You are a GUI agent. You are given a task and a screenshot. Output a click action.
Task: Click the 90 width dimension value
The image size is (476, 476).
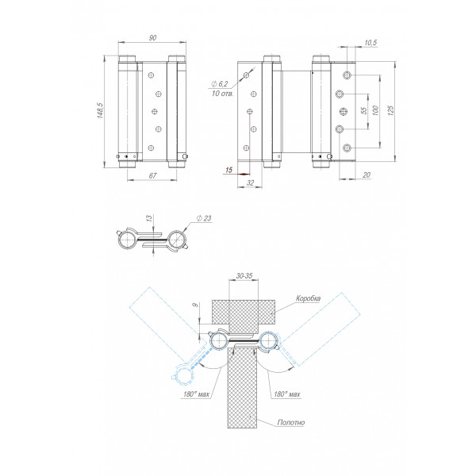point(152,38)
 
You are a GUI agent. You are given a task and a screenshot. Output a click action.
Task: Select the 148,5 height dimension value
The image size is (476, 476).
point(101,110)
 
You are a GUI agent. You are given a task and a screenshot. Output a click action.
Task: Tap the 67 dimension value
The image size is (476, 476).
point(152,175)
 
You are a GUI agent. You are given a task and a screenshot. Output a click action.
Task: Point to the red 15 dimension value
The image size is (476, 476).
point(229,170)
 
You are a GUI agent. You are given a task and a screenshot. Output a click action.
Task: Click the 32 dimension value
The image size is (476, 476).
point(250,182)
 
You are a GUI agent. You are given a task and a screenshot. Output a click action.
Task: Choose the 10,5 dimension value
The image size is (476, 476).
point(370,43)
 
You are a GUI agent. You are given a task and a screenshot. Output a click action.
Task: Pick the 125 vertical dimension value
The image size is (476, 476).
point(390,110)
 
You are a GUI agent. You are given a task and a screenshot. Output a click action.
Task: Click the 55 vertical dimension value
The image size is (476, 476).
point(364,110)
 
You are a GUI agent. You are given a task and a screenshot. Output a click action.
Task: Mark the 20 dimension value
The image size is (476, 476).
point(367,175)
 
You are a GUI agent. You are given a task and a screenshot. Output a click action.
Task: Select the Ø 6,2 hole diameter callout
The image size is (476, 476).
point(219,84)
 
